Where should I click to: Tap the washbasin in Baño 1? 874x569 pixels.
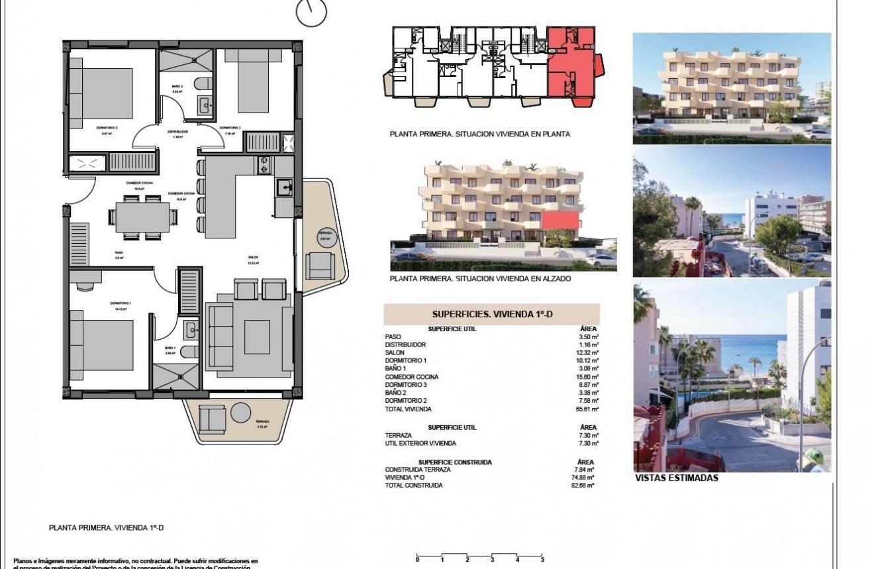tap(190, 328)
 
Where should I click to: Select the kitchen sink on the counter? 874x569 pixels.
tap(284, 188)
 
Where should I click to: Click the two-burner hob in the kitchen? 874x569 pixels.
tap(263, 164)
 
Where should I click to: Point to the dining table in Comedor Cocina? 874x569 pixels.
tap(142, 217)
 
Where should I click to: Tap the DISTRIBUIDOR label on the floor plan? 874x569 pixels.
tap(177, 132)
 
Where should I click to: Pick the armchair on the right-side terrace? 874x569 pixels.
tap(320, 265)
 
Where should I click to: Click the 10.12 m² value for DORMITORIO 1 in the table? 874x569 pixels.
tap(589, 361)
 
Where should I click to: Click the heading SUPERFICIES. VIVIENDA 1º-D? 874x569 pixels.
tap(491, 315)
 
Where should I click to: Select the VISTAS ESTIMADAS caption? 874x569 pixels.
tap(676, 478)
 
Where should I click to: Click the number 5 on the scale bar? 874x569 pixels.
tap(542, 560)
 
